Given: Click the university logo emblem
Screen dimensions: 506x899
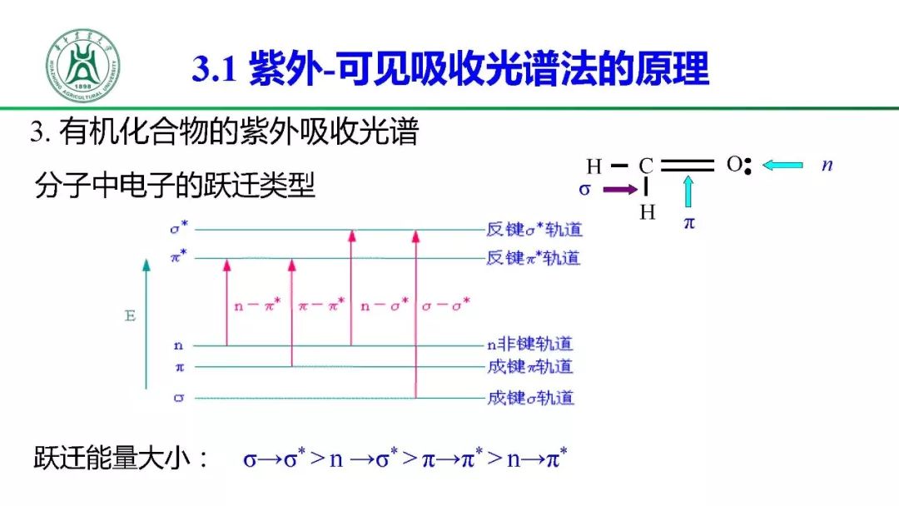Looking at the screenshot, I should [x=83, y=66].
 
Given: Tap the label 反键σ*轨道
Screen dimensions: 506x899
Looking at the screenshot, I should [x=534, y=230].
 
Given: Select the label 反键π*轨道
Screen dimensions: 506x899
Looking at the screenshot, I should [x=534, y=258].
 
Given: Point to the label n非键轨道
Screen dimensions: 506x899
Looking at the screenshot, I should [x=530, y=344].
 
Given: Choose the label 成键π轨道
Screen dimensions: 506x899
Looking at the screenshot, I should [x=530, y=366].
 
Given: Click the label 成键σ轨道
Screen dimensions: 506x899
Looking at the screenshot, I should [x=530, y=398].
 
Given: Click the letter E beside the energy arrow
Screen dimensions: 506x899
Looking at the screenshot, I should [x=130, y=317].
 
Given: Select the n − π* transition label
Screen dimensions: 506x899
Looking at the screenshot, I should [x=257, y=305].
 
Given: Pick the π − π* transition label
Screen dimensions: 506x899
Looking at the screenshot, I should [x=320, y=305].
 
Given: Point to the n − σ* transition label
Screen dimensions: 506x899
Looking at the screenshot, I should [x=384, y=305].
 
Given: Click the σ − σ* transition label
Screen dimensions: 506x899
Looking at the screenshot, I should [x=445, y=305].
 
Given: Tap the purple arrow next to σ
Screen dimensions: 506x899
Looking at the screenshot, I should [x=618, y=190].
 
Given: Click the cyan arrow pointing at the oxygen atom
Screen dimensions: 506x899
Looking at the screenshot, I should [x=782, y=165].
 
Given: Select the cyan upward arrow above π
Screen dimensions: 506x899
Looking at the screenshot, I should [x=688, y=192].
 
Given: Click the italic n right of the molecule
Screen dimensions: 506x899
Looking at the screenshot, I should [x=827, y=165].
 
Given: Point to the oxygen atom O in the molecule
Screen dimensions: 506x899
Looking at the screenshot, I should [x=733, y=164].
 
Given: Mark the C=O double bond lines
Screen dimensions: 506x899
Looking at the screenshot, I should [x=687, y=165].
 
